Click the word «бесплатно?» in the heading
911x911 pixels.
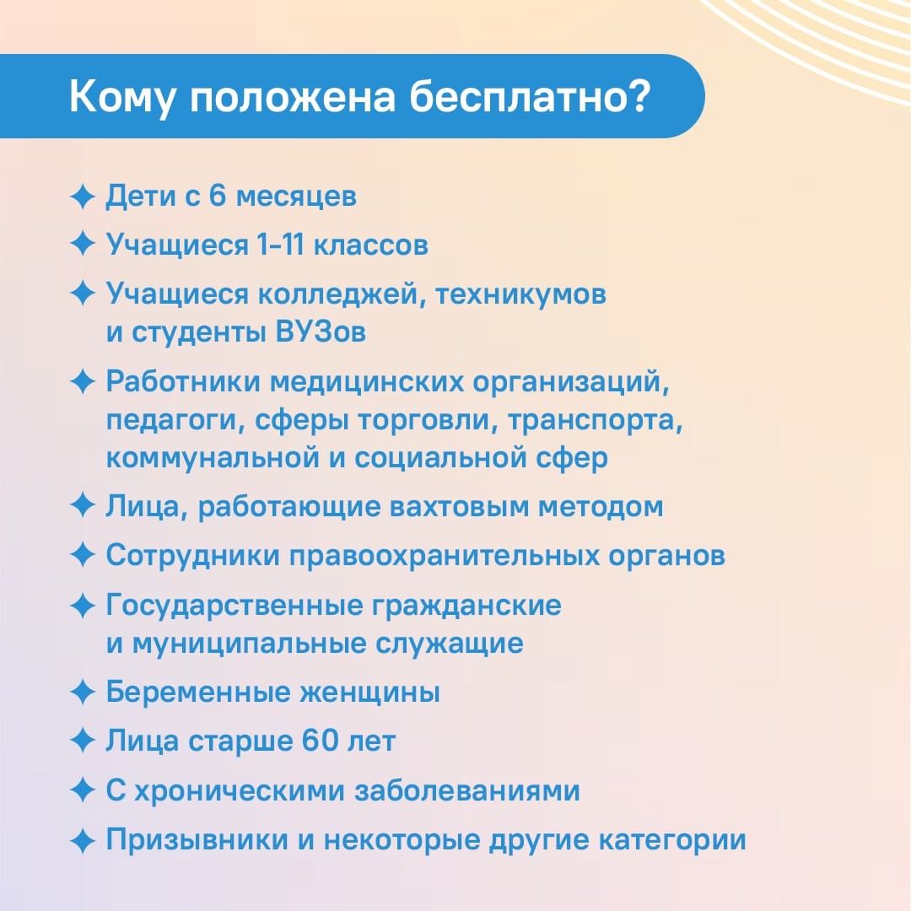point(529,96)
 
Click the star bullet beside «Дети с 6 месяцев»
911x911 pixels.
point(83,197)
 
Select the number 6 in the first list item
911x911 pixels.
point(217,195)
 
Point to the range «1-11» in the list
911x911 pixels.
point(280,244)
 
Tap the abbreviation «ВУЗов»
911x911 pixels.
point(321,332)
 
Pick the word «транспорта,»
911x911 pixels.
point(596,421)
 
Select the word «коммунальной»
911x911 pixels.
point(213,458)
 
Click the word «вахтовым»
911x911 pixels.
point(459,507)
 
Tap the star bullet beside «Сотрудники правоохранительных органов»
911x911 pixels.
point(83,555)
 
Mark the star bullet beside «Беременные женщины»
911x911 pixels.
point(83,692)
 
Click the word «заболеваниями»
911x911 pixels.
point(467,790)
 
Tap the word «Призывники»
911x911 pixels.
point(197,840)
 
